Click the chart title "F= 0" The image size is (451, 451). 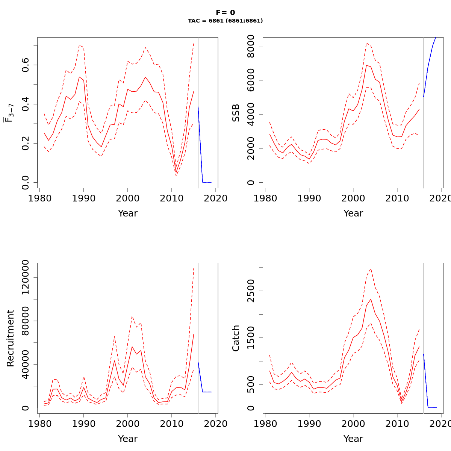pyautogui.click(x=225, y=13)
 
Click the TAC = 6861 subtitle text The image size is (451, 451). pyautogui.click(x=225, y=21)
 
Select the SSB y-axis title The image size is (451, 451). pyautogui.click(x=236, y=113)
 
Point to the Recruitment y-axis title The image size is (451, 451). pyautogui.click(x=11, y=338)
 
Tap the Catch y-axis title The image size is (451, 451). pyautogui.click(x=236, y=338)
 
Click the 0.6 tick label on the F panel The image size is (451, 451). pyautogui.click(x=26, y=65)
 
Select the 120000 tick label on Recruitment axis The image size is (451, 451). pyautogui.click(x=26, y=277)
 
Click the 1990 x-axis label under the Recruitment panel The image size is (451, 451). pyautogui.click(x=83, y=424)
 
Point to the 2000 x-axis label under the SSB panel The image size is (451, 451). pyautogui.click(x=353, y=198)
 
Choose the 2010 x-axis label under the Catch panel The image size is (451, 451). pyautogui.click(x=397, y=424)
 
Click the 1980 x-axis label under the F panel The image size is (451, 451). pyautogui.click(x=40, y=198)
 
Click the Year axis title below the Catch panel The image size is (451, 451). pyautogui.click(x=353, y=439)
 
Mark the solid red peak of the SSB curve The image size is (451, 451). pyautogui.click(x=366, y=65)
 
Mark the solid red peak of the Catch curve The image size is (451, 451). pyautogui.click(x=371, y=299)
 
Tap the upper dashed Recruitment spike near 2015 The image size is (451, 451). pyautogui.click(x=194, y=268)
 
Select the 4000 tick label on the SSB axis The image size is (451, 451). pyautogui.click(x=251, y=114)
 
